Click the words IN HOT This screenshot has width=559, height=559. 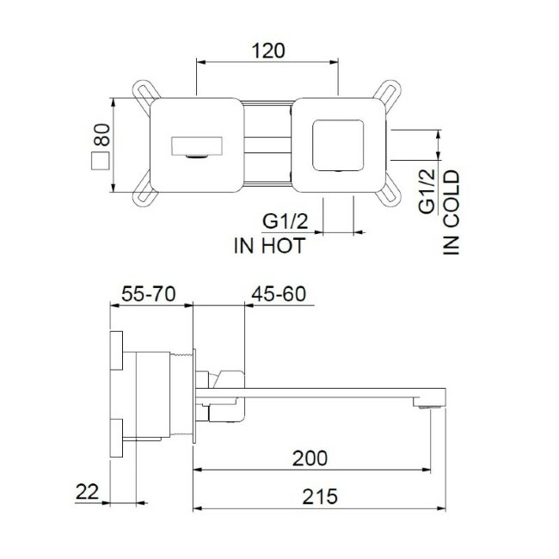tap(268, 245)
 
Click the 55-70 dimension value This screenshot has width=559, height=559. tap(148, 294)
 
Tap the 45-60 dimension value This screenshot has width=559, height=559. tap(279, 294)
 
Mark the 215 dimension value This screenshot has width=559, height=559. tap(319, 496)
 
